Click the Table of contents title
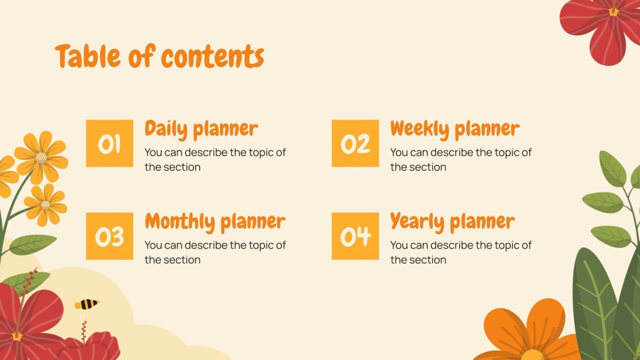tap(159, 56)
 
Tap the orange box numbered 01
tap(110, 143)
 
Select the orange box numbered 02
tap(355, 143)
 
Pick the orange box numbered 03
tap(110, 236)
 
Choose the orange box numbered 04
tap(355, 236)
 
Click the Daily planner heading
tap(201, 129)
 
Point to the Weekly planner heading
tap(454, 129)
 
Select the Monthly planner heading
tap(215, 222)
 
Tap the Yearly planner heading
tap(452, 222)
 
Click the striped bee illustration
tap(87, 304)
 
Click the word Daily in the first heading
tap(166, 129)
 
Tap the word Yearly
tap(417, 222)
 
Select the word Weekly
tap(419, 129)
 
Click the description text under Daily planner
tap(215, 160)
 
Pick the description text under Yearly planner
tap(461, 252)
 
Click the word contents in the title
tap(212, 56)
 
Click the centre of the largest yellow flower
tap(41, 157)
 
